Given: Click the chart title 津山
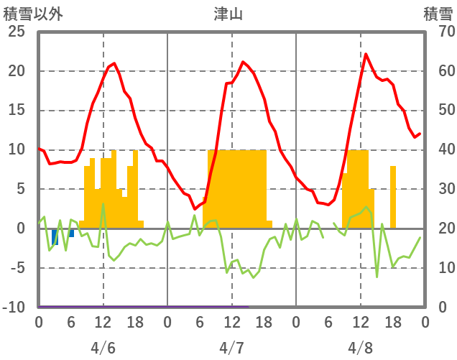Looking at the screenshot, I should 228,14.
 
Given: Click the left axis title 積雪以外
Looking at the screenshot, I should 33,14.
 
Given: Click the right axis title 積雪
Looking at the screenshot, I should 437,14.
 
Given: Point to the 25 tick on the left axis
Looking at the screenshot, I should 17,32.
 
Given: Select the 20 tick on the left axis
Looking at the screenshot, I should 17,72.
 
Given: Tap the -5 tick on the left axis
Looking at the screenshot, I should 19,268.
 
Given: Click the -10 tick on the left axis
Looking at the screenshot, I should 17,308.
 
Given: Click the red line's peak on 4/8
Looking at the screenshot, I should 366,54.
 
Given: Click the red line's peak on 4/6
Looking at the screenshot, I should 114,63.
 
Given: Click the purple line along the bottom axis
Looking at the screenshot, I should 144,307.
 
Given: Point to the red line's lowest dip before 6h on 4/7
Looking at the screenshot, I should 195,209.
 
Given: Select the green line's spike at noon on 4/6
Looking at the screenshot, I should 103,204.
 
